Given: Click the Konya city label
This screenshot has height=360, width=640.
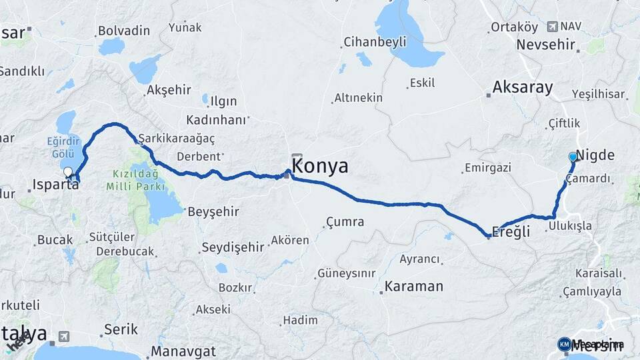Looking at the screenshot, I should pos(320,166).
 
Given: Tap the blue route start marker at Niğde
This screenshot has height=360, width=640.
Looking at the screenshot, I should pos(573,157).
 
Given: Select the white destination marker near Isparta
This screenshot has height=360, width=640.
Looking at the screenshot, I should pos(68,172).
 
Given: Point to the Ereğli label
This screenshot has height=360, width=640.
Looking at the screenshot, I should pos(511,231).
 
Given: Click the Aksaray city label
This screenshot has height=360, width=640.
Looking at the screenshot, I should pos(523,87).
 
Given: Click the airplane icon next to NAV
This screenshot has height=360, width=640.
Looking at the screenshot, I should pos(552,27).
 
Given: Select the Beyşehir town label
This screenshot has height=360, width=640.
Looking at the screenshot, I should pos(213,211).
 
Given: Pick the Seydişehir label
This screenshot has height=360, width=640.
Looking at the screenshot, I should pos(233,247).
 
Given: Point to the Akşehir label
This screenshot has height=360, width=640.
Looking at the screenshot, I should pos(169,89).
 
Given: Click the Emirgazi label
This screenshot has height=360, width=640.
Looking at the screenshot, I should pos(487,167).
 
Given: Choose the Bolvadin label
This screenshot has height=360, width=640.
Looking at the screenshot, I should pos(123,31).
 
